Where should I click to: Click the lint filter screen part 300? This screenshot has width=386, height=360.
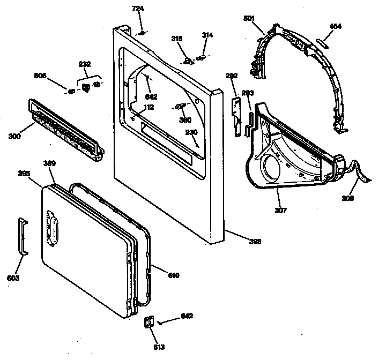pos(64,129)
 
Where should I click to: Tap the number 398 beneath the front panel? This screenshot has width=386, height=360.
pos(255,242)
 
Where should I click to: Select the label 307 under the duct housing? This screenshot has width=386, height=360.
pos(280,210)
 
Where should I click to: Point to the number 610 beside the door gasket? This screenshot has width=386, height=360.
pos(173,275)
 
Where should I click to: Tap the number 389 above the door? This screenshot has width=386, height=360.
pos(49,163)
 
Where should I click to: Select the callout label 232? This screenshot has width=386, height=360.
pos(84,64)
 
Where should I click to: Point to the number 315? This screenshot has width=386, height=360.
pos(176,38)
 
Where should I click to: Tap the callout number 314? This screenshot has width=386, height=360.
pos(207,35)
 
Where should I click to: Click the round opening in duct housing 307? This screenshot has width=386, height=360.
pos(271,164)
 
